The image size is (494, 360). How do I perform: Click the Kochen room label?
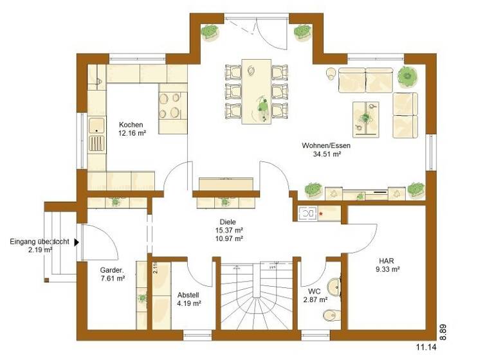coord(131,125)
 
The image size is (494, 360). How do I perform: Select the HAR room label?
coord(387,260)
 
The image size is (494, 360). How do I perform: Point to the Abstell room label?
coord(189,295)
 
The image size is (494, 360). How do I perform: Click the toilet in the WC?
coord(329,314)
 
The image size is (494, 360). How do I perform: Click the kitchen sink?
coord(96,133)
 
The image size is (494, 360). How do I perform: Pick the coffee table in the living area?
coord(365,118)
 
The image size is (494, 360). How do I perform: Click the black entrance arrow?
coord(77,242)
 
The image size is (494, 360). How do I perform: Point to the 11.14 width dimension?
coord(426,348)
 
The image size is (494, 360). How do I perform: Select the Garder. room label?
coord(112,270)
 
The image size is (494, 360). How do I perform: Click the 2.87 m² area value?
coord(316,300)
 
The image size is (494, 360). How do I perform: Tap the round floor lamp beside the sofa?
coord(330,73)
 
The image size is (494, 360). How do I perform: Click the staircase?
coord(257,296)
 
